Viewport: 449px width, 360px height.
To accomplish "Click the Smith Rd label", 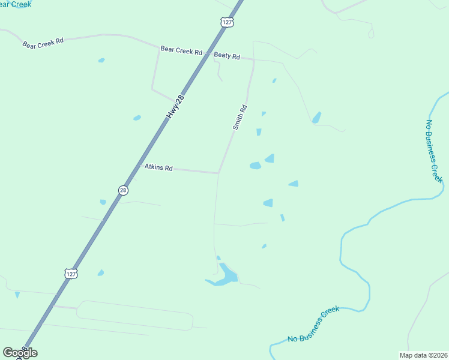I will point(240,118).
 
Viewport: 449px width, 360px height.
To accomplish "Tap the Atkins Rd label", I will point(158,168).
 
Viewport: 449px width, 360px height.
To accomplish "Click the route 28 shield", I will point(123,190).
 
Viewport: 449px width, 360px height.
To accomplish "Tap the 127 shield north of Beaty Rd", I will point(226,22).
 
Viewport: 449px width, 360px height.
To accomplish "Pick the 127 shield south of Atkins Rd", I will point(71,273).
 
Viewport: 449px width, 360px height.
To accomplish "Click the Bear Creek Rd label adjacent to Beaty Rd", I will point(181,50).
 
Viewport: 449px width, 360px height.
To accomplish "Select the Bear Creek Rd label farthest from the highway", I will point(43,43).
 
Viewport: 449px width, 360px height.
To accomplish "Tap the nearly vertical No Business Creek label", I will point(433,151).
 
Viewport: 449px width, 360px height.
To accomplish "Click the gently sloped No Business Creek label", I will point(313,324).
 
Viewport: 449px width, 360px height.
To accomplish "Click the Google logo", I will point(20,352).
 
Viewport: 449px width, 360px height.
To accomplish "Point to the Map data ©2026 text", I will point(424,355).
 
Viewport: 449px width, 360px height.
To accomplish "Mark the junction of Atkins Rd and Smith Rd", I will point(218,173).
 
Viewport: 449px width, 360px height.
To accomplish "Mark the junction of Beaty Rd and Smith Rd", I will point(255,60).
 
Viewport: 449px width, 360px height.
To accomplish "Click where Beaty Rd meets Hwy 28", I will point(208,55).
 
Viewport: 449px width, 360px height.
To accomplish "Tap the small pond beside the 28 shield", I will point(103,202).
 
